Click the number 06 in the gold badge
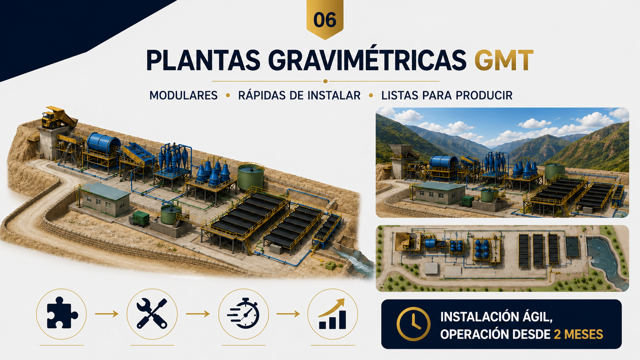pyautogui.click(x=325, y=20)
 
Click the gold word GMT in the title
pyautogui.click(x=504, y=60)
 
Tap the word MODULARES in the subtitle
pyautogui.click(x=183, y=95)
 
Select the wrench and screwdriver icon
pyautogui.click(x=152, y=313)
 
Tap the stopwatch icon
pyautogui.click(x=243, y=313)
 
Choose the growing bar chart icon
pyautogui.click(x=332, y=314)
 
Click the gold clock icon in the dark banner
pyautogui.click(x=413, y=324)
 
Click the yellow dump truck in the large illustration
pyautogui.click(x=58, y=117)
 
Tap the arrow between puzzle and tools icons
pyautogui.click(x=106, y=314)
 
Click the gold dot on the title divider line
pyautogui.click(x=325, y=81)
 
